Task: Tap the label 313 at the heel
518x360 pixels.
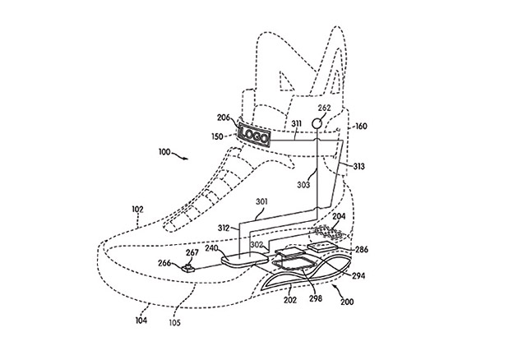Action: pos(358,167)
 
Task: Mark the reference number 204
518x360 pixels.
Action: pos(339,217)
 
